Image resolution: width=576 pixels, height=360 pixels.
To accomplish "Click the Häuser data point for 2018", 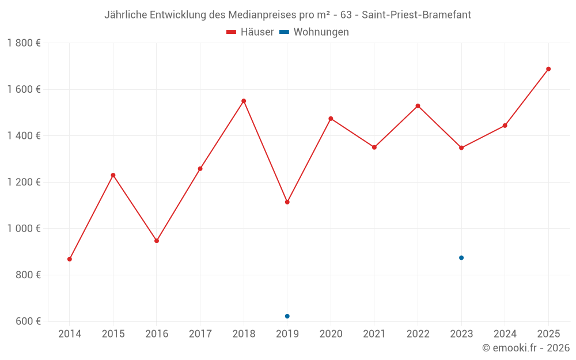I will [x=244, y=101].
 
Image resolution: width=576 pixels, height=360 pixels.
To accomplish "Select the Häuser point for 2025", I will [x=548, y=69].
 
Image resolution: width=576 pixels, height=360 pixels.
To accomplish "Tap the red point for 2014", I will [x=70, y=259].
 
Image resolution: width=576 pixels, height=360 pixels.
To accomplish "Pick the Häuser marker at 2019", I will [x=287, y=202].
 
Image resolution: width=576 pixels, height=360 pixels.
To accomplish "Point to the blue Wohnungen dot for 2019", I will [x=287, y=316].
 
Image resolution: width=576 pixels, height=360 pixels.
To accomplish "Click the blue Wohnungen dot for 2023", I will [x=461, y=257].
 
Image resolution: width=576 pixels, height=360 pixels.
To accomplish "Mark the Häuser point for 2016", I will [x=157, y=241].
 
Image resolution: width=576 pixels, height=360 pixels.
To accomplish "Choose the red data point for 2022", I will [x=418, y=106].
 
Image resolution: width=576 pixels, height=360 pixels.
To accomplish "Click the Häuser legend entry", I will [x=250, y=32].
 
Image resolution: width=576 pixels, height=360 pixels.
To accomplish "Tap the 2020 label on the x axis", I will [x=331, y=334].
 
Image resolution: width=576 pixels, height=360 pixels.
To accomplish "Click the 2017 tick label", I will [x=200, y=334].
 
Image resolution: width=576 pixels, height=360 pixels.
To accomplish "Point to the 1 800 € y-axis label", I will [x=24, y=43].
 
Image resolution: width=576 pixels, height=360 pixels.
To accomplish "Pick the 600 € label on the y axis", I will [x=27, y=321].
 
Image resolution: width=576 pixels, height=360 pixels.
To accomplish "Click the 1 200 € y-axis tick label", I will [x=24, y=182].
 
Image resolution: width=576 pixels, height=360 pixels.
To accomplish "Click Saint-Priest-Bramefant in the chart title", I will [x=416, y=15].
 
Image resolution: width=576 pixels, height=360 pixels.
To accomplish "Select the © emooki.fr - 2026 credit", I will [x=526, y=347].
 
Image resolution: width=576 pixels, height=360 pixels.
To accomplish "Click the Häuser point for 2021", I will [x=374, y=147].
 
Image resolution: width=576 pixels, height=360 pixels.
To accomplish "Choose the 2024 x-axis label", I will [x=505, y=334].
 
